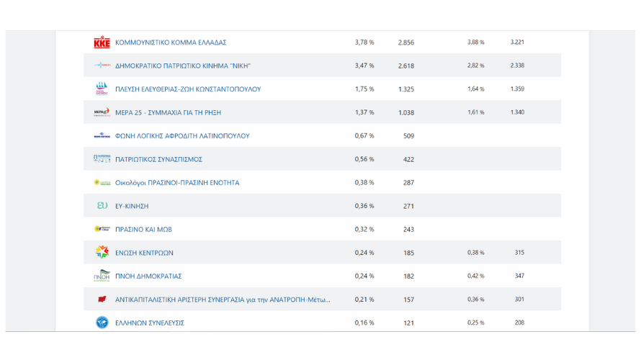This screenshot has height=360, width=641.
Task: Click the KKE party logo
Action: tap(102, 42)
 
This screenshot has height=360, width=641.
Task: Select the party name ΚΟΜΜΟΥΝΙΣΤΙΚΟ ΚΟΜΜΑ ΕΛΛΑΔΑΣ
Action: tap(171, 42)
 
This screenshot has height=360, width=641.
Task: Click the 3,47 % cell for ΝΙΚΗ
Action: tap(364, 66)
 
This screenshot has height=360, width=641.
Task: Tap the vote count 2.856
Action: tap(406, 42)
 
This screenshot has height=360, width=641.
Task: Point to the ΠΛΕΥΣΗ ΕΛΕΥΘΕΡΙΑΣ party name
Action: tap(188, 89)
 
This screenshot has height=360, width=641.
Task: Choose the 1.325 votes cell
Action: tap(406, 89)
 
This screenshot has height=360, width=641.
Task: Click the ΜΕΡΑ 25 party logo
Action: tap(102, 112)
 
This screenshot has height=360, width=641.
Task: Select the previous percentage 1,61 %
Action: tap(476, 112)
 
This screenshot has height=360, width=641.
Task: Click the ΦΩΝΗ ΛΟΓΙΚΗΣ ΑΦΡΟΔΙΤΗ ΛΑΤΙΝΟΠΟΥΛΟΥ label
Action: tap(182, 136)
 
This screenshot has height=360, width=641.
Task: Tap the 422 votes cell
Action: tap(408, 159)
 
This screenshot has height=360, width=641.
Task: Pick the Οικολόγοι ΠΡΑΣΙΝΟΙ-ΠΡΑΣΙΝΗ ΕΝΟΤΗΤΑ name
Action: tap(177, 183)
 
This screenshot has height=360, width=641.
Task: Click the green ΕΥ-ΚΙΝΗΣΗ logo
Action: tap(102, 206)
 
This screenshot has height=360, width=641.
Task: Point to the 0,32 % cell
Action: tap(364, 230)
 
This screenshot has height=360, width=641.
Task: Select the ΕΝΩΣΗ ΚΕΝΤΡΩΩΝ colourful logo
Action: tap(102, 253)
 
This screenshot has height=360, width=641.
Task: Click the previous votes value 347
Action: tap(519, 276)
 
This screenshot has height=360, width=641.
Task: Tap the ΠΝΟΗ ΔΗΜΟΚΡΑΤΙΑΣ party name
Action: tap(148, 276)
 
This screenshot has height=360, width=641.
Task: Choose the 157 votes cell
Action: tap(408, 300)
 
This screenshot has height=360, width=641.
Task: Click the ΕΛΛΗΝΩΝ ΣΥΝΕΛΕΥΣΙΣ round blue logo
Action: tap(102, 323)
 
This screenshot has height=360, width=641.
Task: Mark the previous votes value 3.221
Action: tap(517, 42)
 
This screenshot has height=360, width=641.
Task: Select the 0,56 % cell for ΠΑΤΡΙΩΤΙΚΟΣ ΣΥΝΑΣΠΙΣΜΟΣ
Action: tap(364, 159)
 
